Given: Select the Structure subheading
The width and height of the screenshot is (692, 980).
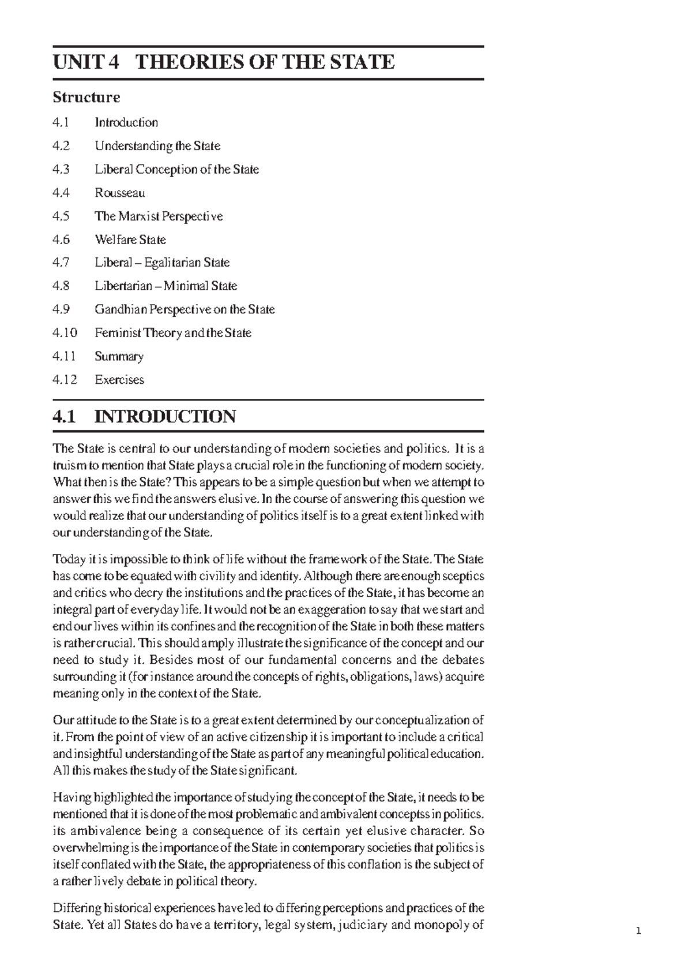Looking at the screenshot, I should click(86, 97).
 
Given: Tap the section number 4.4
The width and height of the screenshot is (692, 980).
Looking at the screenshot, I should click(61, 193).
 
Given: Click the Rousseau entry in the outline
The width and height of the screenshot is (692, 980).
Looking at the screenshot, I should click(120, 193).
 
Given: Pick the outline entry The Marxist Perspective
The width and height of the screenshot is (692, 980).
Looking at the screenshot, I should click(159, 216).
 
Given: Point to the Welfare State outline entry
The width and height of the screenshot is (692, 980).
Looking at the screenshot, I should click(130, 240).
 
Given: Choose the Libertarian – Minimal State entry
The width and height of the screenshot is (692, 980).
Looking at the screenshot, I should click(166, 286).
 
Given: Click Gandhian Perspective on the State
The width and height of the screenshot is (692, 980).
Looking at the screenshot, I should click(185, 309).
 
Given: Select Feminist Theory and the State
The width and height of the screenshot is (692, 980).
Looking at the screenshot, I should click(173, 333).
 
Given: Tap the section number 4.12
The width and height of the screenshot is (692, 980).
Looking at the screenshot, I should click(64, 380).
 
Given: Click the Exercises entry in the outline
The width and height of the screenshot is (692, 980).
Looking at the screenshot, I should click(119, 380).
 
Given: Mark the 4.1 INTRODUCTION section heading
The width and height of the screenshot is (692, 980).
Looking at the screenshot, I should click(144, 416).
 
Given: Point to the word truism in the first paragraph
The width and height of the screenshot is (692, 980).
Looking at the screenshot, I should click(68, 466).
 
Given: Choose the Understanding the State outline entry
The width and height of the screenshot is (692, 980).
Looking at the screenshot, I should click(157, 146).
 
